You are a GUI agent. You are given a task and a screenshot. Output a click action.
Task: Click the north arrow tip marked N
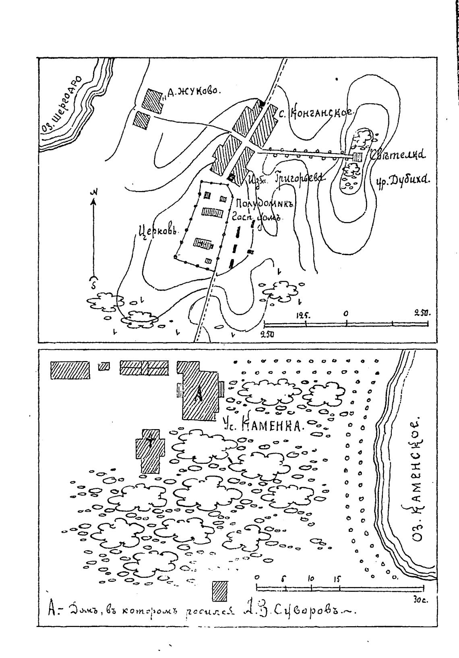(x=94, y=195)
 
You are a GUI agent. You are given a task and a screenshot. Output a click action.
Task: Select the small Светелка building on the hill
(x=358, y=157)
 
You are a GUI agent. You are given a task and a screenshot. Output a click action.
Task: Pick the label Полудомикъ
(x=262, y=203)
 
